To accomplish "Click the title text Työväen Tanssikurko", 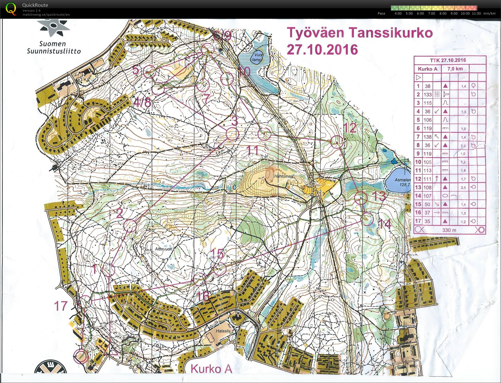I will tap(359, 33).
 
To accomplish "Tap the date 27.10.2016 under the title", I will tap(322, 50).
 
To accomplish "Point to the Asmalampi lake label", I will tap(403, 182).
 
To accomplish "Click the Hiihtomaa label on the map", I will tap(283, 176).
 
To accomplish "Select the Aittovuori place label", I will tap(164, 249).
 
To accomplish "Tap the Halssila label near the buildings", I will tap(223, 331).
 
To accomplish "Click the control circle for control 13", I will tap(361, 197).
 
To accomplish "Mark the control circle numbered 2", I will tap(130, 226).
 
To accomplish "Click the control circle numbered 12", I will tap(337, 141).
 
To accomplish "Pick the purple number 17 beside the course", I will tap(61, 306).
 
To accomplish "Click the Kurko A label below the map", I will tap(211, 369).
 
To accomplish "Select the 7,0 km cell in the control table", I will tap(455, 69).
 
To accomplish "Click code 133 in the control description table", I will tap(427, 94).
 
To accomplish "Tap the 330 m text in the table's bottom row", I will tap(449, 230).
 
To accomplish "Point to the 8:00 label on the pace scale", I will tap(443, 13).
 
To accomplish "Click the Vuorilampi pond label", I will tap(257, 57).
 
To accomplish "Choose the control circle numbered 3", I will tap(232, 134).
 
